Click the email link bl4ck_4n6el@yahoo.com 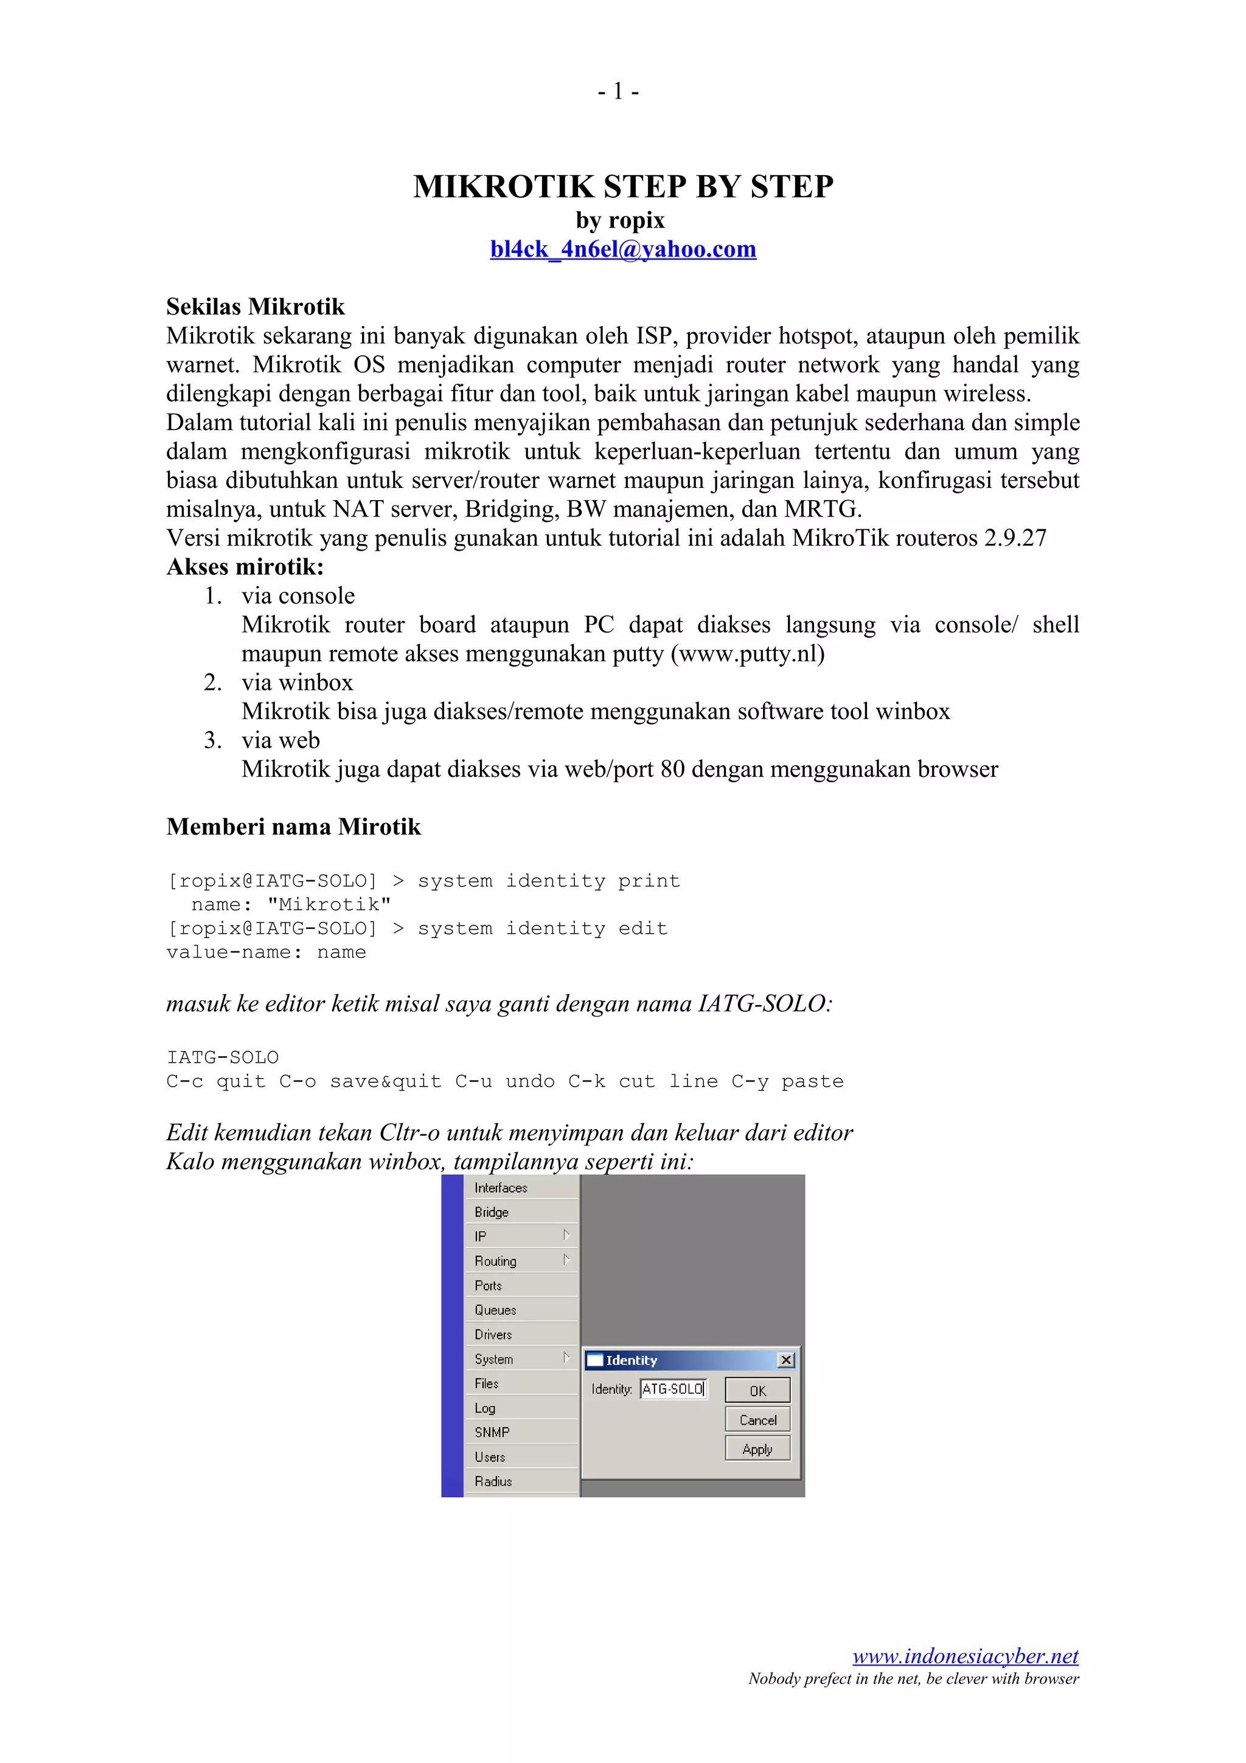622,249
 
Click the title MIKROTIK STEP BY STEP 622,187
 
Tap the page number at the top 619,91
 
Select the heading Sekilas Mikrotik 255,307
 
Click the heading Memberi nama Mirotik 293,826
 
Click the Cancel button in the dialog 757,1420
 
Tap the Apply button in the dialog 757,1449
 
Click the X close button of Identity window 785,1360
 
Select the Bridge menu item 492,1212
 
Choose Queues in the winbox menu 495,1310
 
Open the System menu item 493,1359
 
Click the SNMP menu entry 492,1432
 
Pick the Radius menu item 493,1481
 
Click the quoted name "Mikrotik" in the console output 329,905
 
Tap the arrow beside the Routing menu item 566,1259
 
